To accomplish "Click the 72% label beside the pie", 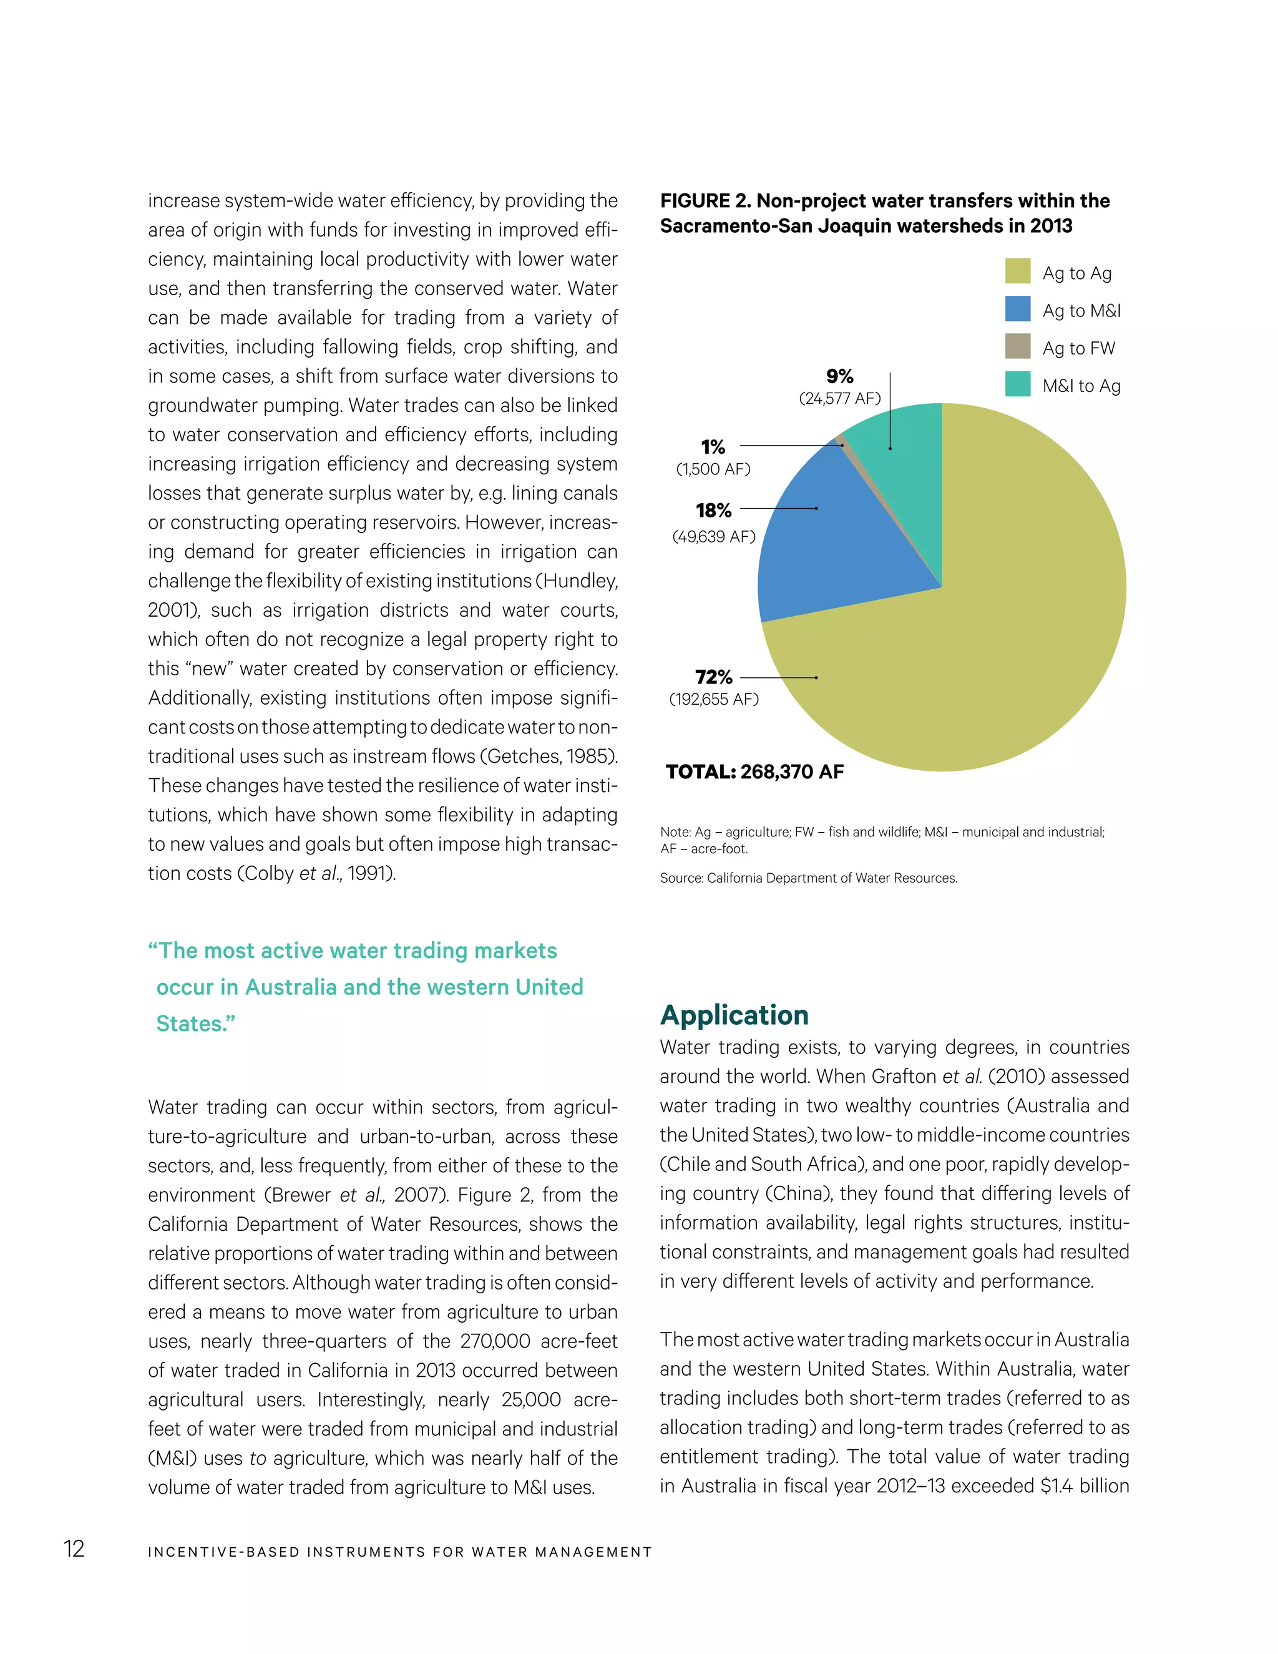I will [713, 677].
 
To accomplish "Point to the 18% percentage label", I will [713, 511].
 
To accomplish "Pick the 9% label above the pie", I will [840, 376].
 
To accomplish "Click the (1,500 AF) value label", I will [713, 469].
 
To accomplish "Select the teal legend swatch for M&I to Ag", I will [1018, 384].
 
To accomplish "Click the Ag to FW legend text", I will [1078, 348].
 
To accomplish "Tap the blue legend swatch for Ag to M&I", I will [1018, 309].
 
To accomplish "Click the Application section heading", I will [734, 1015].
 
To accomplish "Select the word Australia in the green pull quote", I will [291, 987].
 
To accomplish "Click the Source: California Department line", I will [808, 879].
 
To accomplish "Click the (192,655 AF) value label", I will [713, 699].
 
